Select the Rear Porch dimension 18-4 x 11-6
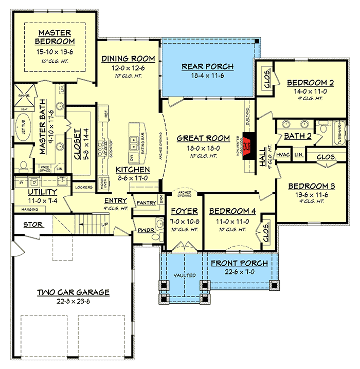208,76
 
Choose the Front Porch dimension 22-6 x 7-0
239,273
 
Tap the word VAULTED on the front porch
185,275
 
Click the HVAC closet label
283,154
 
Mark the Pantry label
146,203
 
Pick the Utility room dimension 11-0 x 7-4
43,200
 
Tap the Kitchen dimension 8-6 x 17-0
133,178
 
